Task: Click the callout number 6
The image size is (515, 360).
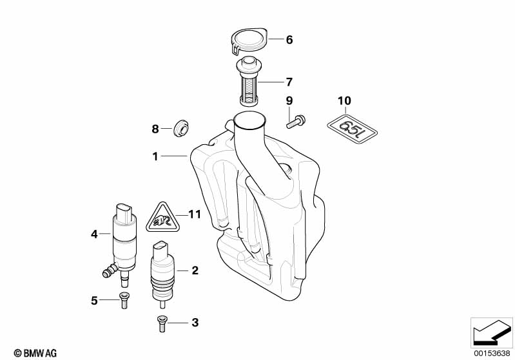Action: (289, 40)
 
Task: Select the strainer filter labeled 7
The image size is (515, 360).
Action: (248, 82)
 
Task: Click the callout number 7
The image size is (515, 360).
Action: (289, 82)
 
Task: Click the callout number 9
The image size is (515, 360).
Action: (289, 101)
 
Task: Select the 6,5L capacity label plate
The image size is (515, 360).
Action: (351, 127)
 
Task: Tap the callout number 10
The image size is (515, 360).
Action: (344, 101)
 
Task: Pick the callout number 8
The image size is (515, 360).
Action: (155, 129)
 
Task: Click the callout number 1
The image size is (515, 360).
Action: (155, 156)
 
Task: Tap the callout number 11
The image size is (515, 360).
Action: (195, 214)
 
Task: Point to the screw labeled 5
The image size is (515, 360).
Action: (122, 300)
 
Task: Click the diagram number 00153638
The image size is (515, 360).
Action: (491, 352)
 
